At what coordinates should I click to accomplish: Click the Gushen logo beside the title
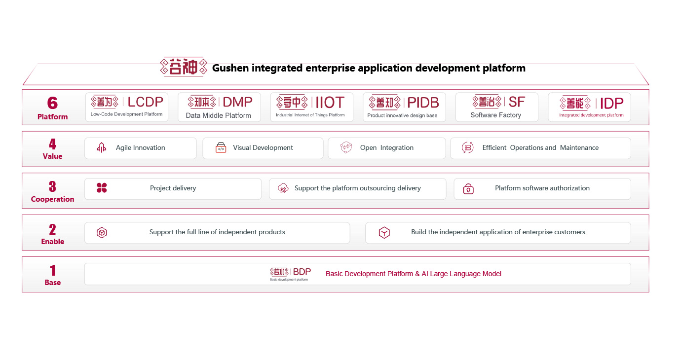pyautogui.click(x=183, y=67)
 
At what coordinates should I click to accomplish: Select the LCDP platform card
pyautogui.click(x=127, y=107)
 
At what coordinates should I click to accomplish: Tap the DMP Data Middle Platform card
pyautogui.click(x=219, y=107)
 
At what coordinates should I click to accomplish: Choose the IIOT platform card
pyautogui.click(x=311, y=107)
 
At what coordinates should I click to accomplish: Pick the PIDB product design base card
pyautogui.click(x=404, y=107)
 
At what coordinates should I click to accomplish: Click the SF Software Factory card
pyautogui.click(x=496, y=107)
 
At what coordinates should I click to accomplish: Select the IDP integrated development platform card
pyautogui.click(x=589, y=107)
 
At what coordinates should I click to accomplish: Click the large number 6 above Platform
pyautogui.click(x=52, y=103)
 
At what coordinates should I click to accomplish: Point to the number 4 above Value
pyautogui.click(x=52, y=144)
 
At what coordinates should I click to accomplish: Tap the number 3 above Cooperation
pyautogui.click(x=52, y=187)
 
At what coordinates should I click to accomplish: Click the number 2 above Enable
pyautogui.click(x=52, y=229)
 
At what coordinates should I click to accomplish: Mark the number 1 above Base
pyautogui.click(x=52, y=270)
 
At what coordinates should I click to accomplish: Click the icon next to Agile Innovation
pyautogui.click(x=102, y=147)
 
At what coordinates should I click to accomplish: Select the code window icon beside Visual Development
pyautogui.click(x=221, y=147)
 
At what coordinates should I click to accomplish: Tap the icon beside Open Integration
pyautogui.click(x=346, y=147)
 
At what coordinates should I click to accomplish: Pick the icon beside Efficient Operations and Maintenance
pyautogui.click(x=467, y=147)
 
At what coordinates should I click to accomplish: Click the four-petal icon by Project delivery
pyautogui.click(x=102, y=188)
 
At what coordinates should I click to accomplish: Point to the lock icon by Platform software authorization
pyautogui.click(x=468, y=189)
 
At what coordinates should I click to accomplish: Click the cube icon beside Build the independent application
pyautogui.click(x=384, y=232)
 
